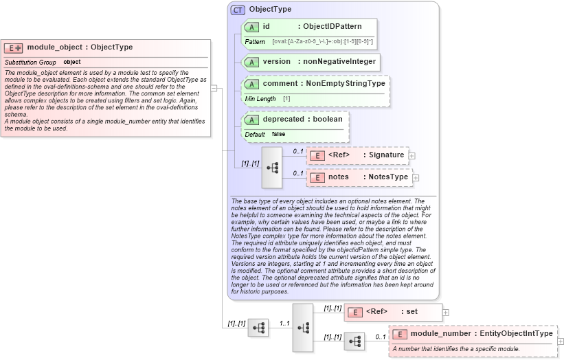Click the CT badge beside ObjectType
coord(238,10)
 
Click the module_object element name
coord(49,47)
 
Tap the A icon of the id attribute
coord(251,27)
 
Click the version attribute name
coord(276,61)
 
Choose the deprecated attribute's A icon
coord(251,119)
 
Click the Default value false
coord(278,134)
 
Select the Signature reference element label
coord(386,155)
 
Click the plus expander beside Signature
coord(412,155)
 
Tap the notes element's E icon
coord(317,177)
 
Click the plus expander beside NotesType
coord(416,177)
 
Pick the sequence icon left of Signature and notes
coord(272,167)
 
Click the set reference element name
coord(411,312)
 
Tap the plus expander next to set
coord(446,312)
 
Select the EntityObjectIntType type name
coord(517,334)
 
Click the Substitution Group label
coord(30,63)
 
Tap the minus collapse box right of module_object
coord(214,88)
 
